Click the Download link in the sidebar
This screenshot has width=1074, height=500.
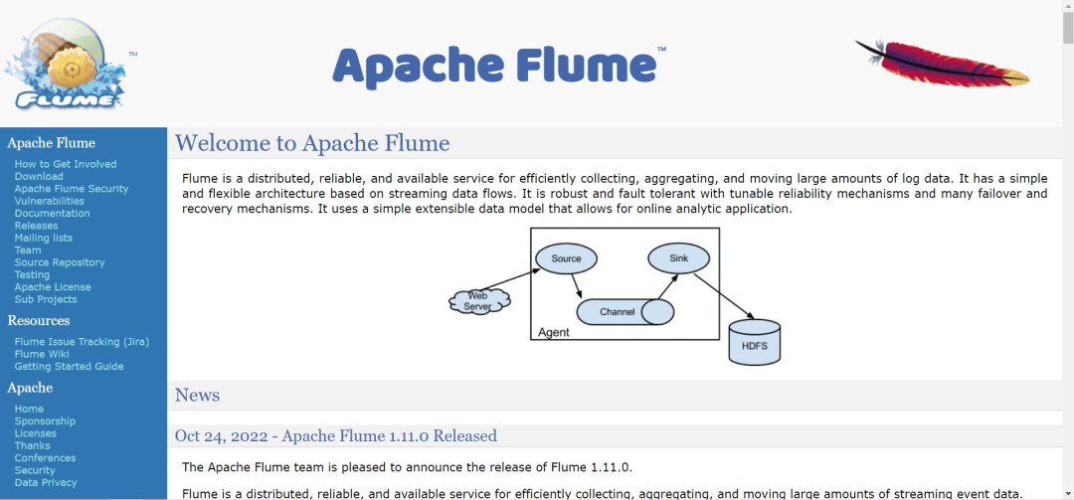click(x=39, y=176)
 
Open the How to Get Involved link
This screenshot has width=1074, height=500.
click(x=66, y=164)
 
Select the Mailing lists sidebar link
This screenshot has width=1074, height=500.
click(x=44, y=238)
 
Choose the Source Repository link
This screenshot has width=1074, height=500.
click(x=60, y=262)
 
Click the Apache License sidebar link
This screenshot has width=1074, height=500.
click(x=53, y=287)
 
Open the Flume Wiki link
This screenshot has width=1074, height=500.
click(x=43, y=354)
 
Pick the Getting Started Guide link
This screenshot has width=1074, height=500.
click(x=70, y=366)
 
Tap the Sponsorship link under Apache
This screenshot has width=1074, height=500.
click(x=45, y=420)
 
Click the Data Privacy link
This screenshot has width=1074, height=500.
click(x=46, y=482)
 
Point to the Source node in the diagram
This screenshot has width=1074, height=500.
click(x=566, y=259)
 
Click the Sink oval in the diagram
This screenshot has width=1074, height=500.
click(x=679, y=258)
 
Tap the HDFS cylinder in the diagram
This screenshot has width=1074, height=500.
click(x=755, y=342)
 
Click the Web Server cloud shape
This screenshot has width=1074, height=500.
click(x=478, y=300)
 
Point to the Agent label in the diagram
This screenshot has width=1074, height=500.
click(x=554, y=332)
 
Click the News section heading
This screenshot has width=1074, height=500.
click(x=197, y=395)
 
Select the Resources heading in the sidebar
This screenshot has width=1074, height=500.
click(x=39, y=320)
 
